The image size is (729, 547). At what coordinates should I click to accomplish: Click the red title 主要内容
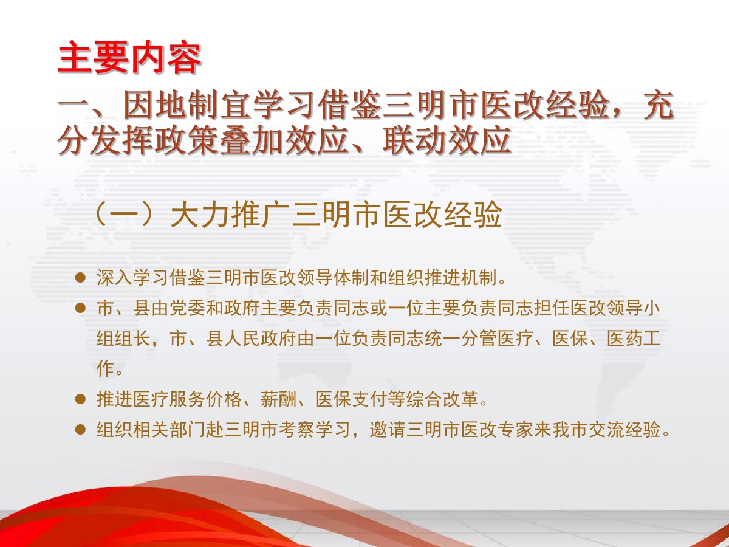(x=129, y=57)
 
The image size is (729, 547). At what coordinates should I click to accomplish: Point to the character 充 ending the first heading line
(x=659, y=106)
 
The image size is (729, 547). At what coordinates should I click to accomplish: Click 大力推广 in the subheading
(x=230, y=215)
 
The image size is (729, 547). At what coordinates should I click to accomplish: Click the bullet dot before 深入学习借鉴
(x=80, y=278)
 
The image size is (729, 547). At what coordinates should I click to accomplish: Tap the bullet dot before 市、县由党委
(x=80, y=308)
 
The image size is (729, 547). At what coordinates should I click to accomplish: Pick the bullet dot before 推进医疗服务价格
(x=80, y=399)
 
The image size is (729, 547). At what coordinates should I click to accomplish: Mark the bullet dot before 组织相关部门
(x=80, y=430)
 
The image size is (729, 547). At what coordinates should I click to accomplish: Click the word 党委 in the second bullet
(x=188, y=308)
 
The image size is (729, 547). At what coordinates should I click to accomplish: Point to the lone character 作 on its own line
(x=105, y=369)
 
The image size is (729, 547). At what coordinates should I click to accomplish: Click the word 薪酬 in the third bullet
(x=278, y=399)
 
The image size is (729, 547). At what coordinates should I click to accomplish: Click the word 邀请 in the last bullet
(x=388, y=430)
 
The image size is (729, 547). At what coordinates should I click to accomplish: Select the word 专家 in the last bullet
(x=515, y=430)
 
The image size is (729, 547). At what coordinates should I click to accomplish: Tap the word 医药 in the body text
(x=625, y=339)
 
